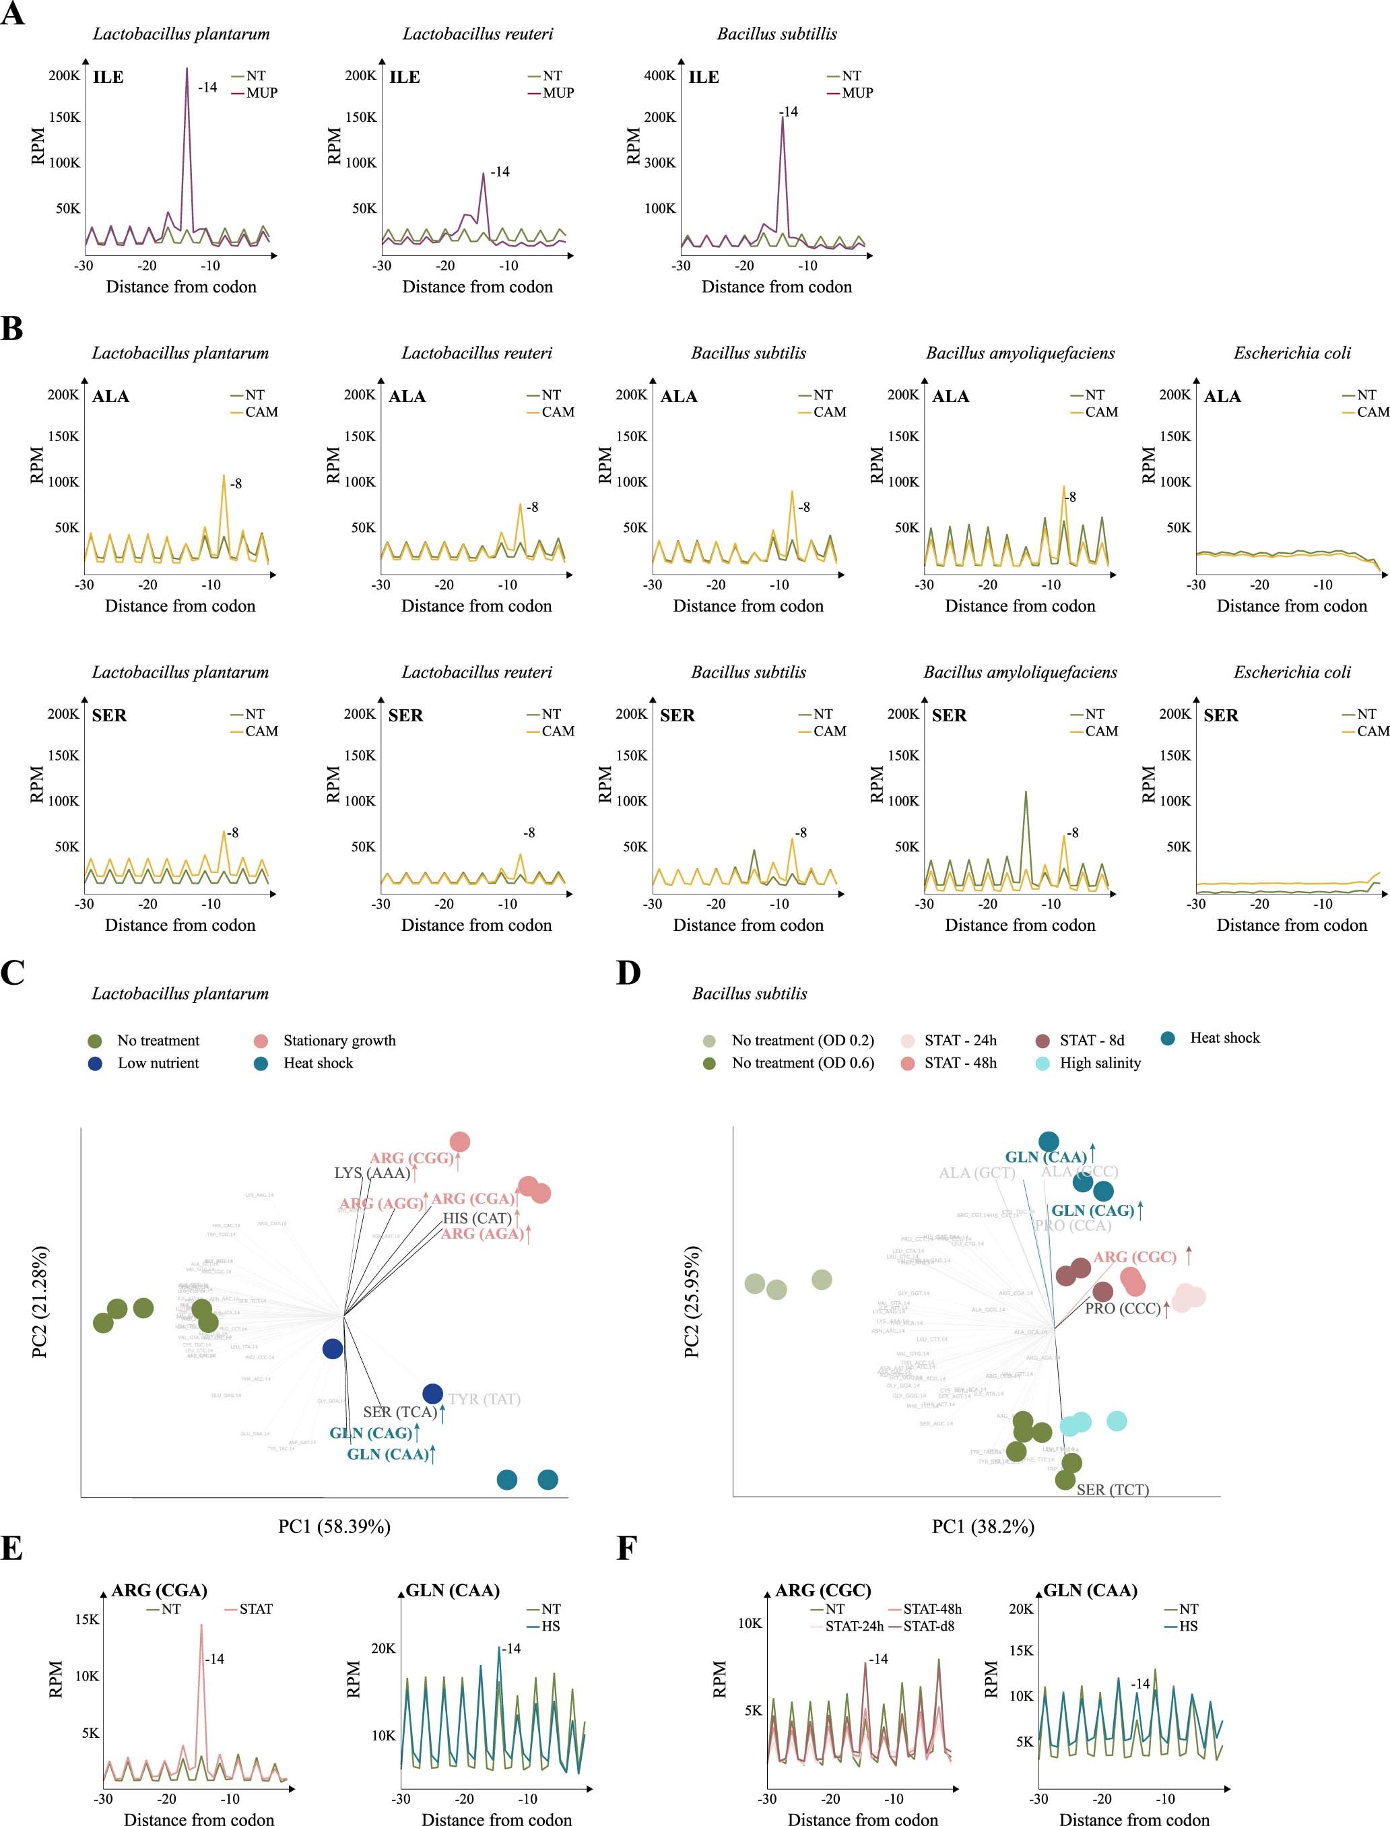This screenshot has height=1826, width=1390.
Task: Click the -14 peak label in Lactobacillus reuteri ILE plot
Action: [500, 172]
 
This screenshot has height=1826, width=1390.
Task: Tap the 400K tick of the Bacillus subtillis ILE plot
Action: [659, 75]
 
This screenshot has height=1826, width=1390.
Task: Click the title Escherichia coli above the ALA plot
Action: [1292, 354]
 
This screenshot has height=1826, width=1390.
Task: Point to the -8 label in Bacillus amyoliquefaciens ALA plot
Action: [1071, 497]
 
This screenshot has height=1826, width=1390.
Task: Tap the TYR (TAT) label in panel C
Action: [484, 1399]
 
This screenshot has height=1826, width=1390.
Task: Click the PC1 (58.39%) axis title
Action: [334, 1526]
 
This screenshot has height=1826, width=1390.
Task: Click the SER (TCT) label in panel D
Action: [1112, 1489]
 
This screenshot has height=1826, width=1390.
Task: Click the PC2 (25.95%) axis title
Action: [692, 1301]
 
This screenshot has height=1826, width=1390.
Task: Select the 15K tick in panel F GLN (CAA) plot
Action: [1021, 1651]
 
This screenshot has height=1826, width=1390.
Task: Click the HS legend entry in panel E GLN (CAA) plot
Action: [550, 1626]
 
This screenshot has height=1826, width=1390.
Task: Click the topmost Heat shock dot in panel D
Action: [1049, 1142]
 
